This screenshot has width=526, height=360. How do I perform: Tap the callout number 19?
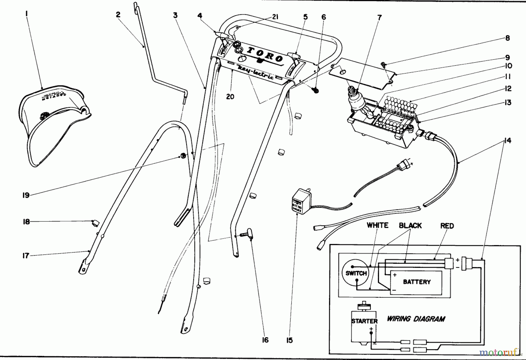26,195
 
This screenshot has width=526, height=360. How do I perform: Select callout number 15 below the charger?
289,340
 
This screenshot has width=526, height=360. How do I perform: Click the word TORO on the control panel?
265,55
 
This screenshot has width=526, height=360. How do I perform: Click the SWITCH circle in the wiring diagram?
356,273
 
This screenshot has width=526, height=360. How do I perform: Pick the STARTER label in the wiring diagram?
364,321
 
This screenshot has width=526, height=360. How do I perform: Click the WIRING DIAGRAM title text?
416,319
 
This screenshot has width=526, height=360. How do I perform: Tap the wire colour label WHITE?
378,225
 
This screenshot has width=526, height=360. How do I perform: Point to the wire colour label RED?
447,226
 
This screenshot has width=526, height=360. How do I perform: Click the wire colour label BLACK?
410,225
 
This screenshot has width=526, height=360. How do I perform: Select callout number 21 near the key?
275,17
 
